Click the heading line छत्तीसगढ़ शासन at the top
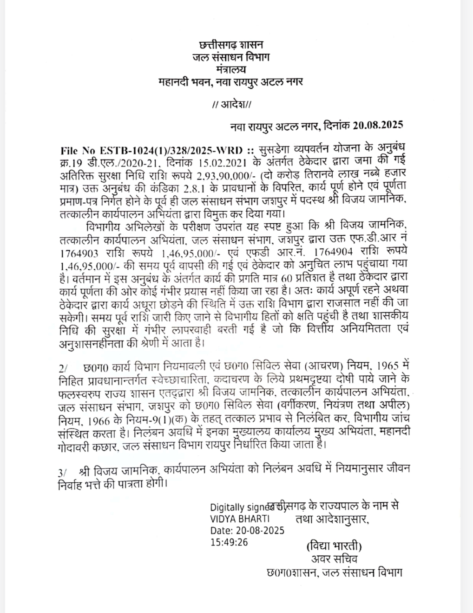pos(230,46)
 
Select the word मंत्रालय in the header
pos(230,69)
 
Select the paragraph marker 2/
pos(64,368)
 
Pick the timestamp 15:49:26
pos(229,542)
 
